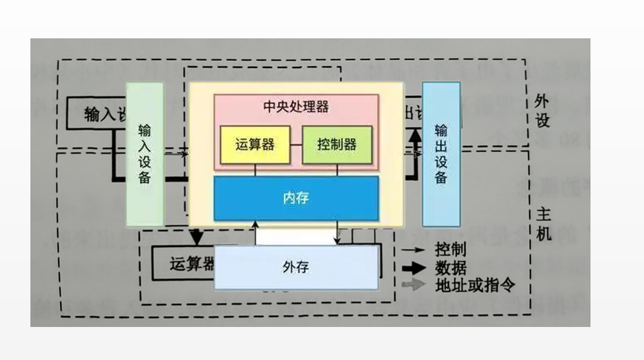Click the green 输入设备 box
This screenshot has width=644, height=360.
tap(145, 154)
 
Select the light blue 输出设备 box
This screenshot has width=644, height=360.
tap(441, 154)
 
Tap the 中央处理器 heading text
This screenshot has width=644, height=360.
tap(296, 106)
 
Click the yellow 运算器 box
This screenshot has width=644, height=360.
tap(254, 145)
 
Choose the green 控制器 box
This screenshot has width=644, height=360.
tap(337, 145)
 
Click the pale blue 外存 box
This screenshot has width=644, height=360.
tap(296, 268)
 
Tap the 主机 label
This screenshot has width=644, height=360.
tap(542, 225)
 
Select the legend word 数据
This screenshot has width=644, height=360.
tap(450, 268)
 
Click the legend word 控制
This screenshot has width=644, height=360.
tap(450, 250)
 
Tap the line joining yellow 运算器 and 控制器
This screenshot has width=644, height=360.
tap(296, 145)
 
